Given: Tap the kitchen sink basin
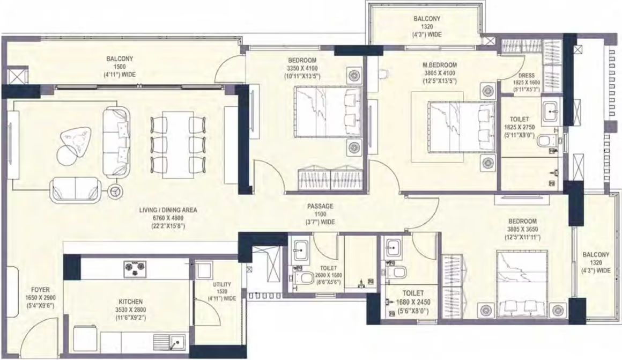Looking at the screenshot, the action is click(177, 342).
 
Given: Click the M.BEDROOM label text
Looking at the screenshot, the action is click(440, 65).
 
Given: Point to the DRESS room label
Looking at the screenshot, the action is click(527, 76).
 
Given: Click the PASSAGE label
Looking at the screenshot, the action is click(320, 207).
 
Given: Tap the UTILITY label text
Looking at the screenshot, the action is click(222, 284).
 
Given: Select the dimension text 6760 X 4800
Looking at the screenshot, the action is click(168, 218).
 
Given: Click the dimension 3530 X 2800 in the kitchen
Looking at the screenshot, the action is click(130, 310).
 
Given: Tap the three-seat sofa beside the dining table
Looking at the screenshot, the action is click(116, 142).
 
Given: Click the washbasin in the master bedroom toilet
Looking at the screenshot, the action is click(551, 110).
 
